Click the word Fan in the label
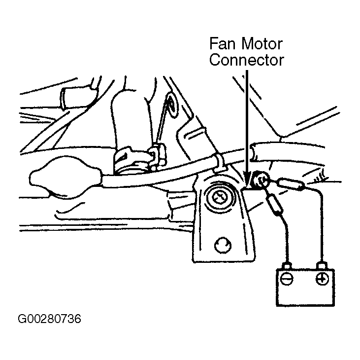tap(222, 44)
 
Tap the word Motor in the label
tap(262, 44)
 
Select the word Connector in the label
tap(247, 60)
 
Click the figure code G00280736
tap(49, 319)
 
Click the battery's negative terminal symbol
tap(287, 279)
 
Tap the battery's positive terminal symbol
tap(322, 279)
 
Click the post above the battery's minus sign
tap(287, 265)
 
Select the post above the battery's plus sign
tap(322, 265)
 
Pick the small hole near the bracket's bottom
tap(223, 245)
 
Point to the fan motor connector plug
tap(260, 180)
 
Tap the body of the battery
tap(305, 288)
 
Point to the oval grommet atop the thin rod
tap(172, 105)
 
